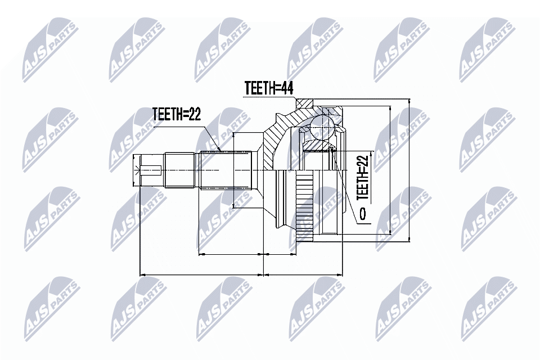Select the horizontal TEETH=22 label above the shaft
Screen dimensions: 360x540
(x=177, y=114)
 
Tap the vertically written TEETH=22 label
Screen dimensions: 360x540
(x=363, y=177)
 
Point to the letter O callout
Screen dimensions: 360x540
(x=363, y=214)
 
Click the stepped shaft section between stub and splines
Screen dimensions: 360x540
(x=181, y=169)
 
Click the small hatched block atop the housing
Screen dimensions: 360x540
(x=305, y=103)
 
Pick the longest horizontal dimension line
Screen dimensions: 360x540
(x=201, y=275)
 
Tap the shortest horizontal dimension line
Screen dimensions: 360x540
(x=281, y=254)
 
